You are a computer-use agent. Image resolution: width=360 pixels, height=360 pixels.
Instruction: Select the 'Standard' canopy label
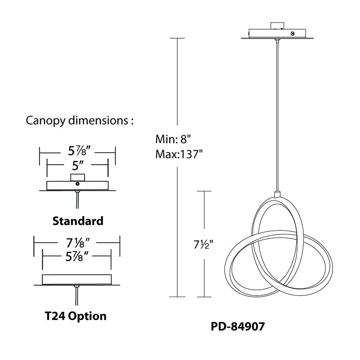click(x=78, y=221)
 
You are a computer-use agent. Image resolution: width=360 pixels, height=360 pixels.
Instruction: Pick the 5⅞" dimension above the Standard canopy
click(x=77, y=150)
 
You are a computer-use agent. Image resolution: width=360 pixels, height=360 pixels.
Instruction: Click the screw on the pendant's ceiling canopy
click(x=293, y=34)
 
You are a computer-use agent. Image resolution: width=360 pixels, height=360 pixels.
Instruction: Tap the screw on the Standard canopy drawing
click(x=77, y=184)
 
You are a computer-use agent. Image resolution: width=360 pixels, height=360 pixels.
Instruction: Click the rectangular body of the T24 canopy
click(x=76, y=279)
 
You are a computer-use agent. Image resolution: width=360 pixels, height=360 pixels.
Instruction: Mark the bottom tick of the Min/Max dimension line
click(x=178, y=297)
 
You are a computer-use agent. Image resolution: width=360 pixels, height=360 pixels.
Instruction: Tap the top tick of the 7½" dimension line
click(x=204, y=191)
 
